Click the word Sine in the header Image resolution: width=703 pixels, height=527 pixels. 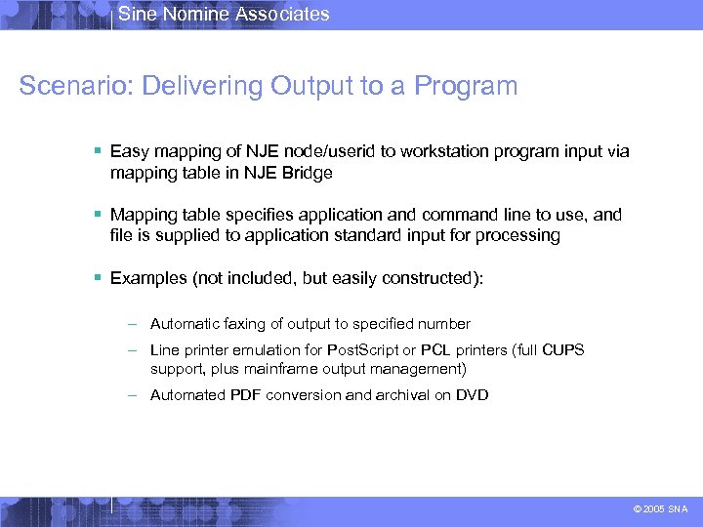[x=135, y=14]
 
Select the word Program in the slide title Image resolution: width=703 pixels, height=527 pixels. [x=466, y=86]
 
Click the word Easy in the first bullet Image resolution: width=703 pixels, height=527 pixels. [x=129, y=151]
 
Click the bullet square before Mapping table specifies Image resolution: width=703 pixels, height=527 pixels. [x=99, y=214]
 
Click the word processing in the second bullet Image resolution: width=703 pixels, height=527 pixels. [x=521, y=235]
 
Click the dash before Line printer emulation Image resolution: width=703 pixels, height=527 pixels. [x=137, y=349]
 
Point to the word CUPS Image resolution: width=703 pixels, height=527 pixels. [x=563, y=349]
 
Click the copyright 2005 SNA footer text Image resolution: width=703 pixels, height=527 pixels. [x=660, y=508]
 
